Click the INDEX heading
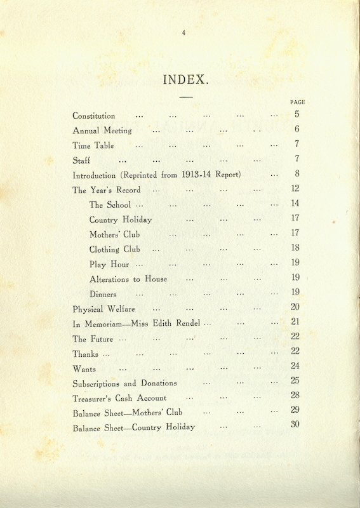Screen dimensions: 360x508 pos(185,80)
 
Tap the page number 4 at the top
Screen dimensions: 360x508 pos(183,34)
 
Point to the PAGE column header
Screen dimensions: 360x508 pos(297,102)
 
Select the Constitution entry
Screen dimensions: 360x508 pos(94,116)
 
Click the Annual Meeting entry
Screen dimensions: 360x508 pos(102,131)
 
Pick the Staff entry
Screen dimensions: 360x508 pos(81,161)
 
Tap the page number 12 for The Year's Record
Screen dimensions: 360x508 pos(295,189)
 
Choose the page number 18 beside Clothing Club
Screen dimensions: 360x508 pos(295,248)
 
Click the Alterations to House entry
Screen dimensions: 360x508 pos(128,279)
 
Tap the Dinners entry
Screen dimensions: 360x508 pos(103,295)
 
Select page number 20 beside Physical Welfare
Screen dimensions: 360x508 pos(295,307)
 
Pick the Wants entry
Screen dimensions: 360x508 pos(84,368)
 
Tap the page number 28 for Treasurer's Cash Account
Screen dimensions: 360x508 pos(295,396)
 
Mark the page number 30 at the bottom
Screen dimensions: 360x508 pos(295,425)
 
